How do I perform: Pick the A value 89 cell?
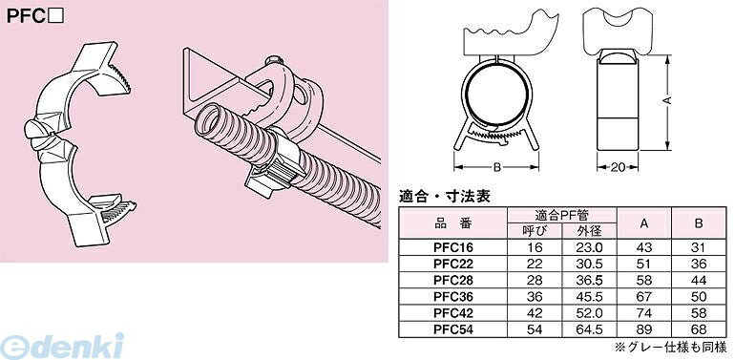click(642, 329)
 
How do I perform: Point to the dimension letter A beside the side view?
click(667, 98)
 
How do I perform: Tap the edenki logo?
click(63, 342)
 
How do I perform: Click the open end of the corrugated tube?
click(209, 123)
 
